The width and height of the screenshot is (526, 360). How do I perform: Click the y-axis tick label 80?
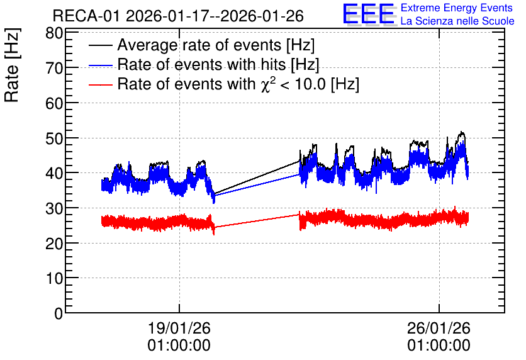tap(54, 33)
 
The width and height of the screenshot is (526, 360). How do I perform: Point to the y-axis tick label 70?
tap(54, 68)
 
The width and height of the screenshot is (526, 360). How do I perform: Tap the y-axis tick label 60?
tap(54, 103)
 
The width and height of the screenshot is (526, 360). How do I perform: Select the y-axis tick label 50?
tap(54, 138)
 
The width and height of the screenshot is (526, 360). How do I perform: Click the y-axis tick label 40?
tap(54, 174)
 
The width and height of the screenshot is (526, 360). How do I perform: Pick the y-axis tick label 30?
tap(54, 208)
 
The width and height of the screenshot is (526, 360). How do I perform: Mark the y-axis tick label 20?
tap(54, 243)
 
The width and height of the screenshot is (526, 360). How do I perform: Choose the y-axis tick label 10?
tap(54, 278)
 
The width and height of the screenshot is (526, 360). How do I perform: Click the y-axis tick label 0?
tap(59, 313)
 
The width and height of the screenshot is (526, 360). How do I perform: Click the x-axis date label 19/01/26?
tap(179, 328)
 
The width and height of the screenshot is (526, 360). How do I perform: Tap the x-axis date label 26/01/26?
tap(439, 328)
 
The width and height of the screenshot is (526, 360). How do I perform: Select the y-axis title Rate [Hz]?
tap(12, 65)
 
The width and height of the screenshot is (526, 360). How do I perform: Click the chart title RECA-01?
tap(86, 16)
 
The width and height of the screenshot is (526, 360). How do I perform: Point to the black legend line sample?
tap(101, 45)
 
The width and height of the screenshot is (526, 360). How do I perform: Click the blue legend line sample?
tap(101, 65)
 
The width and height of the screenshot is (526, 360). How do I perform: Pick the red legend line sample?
tap(101, 84)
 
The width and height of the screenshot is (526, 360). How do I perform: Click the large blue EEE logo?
tap(369, 14)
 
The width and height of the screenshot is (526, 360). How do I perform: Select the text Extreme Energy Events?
tap(457, 8)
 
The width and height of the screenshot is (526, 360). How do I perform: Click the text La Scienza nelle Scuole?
tap(457, 21)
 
